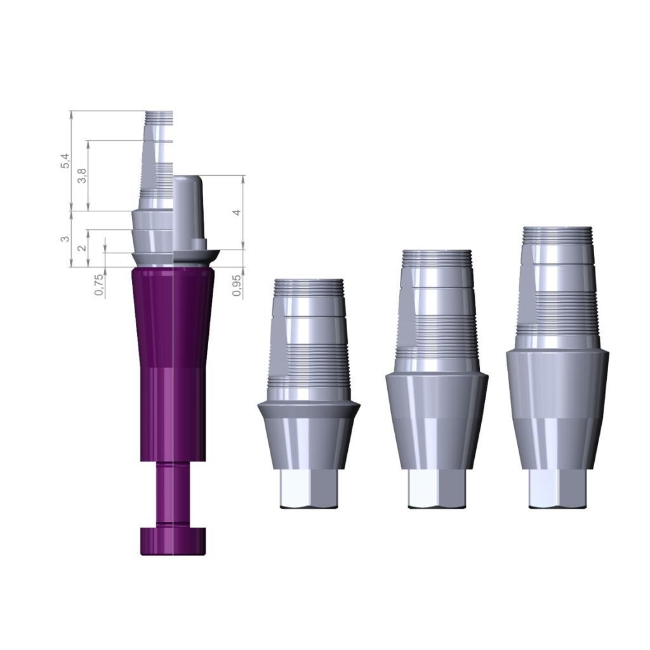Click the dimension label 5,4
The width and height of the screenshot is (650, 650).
[65, 161]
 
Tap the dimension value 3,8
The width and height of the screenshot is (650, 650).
[81, 176]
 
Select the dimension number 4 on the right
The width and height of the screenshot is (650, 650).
[237, 213]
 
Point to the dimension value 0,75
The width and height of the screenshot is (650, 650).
[99, 284]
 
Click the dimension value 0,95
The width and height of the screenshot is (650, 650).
[237, 285]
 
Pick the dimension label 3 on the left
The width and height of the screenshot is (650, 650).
[64, 239]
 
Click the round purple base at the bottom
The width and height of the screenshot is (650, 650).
[173, 541]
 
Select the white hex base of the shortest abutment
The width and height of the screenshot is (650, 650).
[308, 489]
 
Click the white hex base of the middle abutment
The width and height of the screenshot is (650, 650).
[437, 489]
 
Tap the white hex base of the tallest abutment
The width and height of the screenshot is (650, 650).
[557, 489]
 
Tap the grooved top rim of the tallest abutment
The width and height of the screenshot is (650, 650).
[557, 235]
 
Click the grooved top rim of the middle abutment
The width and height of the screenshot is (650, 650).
[437, 258]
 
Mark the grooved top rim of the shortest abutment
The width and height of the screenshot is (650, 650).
[308, 286]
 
